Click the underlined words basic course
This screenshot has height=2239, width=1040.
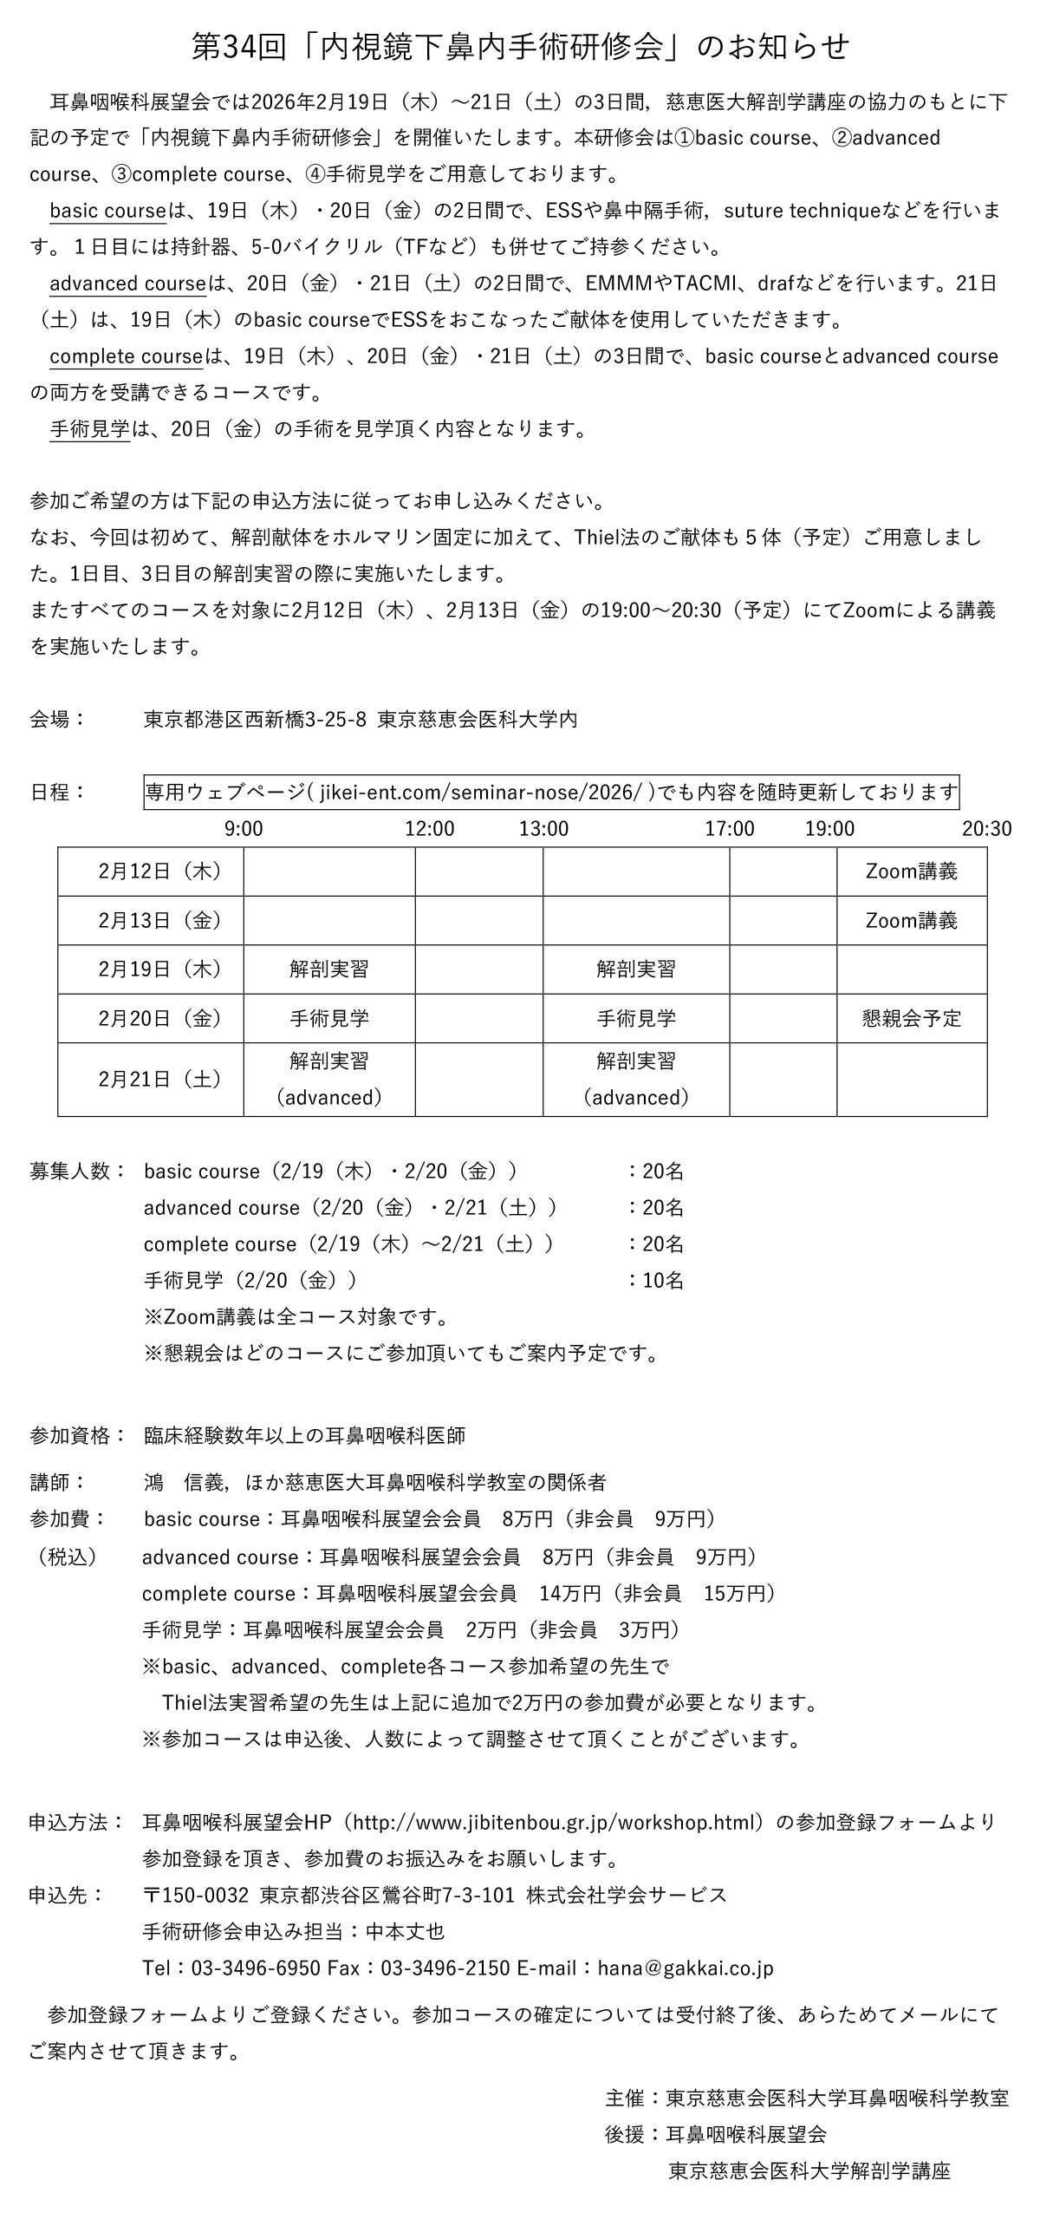click(x=107, y=212)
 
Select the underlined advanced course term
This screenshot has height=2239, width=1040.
click(x=127, y=284)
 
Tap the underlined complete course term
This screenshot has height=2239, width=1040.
click(x=126, y=356)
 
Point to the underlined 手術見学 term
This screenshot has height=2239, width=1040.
click(x=89, y=428)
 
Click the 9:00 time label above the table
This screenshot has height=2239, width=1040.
click(x=244, y=828)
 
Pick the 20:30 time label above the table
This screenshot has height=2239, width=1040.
click(x=986, y=828)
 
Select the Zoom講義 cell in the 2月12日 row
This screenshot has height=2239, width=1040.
click(x=912, y=871)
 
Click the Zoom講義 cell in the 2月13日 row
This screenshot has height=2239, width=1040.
click(x=912, y=920)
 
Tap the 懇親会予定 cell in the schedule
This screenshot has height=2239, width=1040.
click(x=912, y=1018)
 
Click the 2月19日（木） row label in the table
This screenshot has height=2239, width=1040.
click(x=159, y=969)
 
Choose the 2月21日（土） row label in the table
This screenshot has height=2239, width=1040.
click(x=159, y=1079)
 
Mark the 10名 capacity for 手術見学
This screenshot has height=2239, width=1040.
click(x=662, y=1280)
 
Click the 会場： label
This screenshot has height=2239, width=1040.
click(x=57, y=719)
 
